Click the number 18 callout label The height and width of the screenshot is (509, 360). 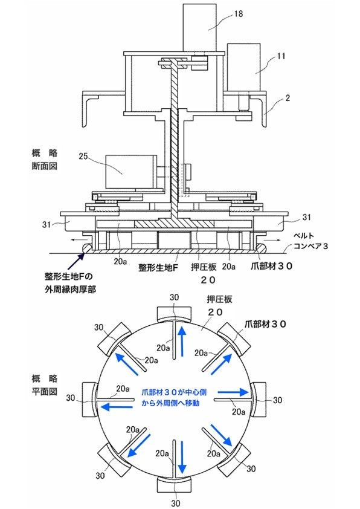[239, 14]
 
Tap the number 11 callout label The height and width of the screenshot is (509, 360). [281, 56]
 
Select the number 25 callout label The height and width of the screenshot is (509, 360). [83, 156]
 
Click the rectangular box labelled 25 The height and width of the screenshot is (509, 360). [131, 172]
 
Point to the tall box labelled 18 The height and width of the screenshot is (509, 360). [199, 28]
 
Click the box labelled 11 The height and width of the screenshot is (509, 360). [243, 67]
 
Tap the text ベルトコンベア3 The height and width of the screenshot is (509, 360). [310, 241]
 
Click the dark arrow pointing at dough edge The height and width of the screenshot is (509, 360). [77, 261]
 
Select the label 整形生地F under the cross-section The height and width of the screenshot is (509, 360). [158, 267]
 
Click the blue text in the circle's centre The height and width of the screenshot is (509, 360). [174, 398]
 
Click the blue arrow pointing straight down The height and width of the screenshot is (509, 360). [182, 457]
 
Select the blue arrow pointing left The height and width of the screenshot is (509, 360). [116, 406]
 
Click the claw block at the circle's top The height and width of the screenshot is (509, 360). [175, 315]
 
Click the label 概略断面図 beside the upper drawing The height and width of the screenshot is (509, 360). [45, 160]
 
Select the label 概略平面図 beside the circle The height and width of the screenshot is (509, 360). [45, 385]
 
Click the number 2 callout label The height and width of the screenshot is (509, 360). [288, 98]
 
